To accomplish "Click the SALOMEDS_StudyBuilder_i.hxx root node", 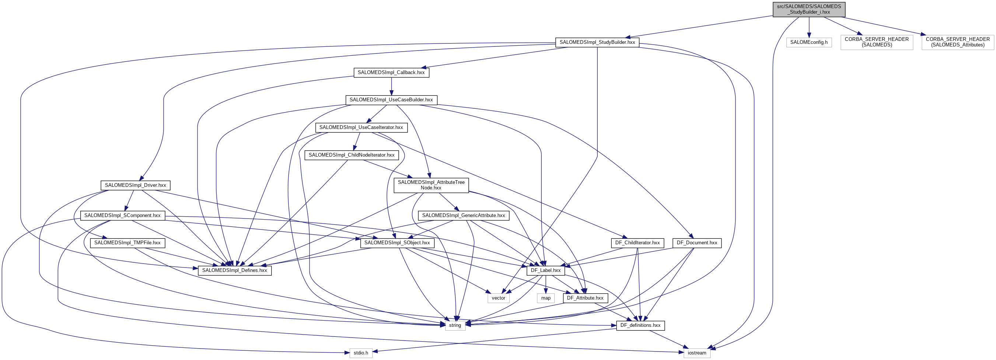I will (x=809, y=9).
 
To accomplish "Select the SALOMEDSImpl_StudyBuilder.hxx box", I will (x=597, y=42).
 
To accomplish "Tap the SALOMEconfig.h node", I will (x=809, y=42).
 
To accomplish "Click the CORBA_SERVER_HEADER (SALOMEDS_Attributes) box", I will (x=957, y=42).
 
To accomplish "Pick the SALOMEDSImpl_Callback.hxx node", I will (x=391, y=72).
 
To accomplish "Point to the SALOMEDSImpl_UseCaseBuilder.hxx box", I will (x=391, y=100).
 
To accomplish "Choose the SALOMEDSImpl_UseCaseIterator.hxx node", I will (x=361, y=127).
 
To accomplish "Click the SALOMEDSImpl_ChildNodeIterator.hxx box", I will (x=351, y=155).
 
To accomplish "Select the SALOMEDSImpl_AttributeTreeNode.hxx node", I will (x=431, y=185).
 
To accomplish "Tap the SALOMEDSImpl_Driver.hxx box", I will (x=135, y=185).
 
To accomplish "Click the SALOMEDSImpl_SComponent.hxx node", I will (x=122, y=216).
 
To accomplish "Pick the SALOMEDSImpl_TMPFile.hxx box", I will (x=127, y=243).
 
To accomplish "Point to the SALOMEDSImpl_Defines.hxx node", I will (x=234, y=270).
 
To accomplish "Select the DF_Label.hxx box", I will (x=546, y=270).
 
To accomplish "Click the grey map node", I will (x=546, y=298).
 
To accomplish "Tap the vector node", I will (x=499, y=298).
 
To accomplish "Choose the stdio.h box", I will (x=361, y=353).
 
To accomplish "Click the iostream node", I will (x=697, y=353).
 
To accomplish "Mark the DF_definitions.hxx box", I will (x=640, y=326).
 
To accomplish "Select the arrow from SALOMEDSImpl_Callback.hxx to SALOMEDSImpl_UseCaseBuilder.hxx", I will (x=391, y=86).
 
